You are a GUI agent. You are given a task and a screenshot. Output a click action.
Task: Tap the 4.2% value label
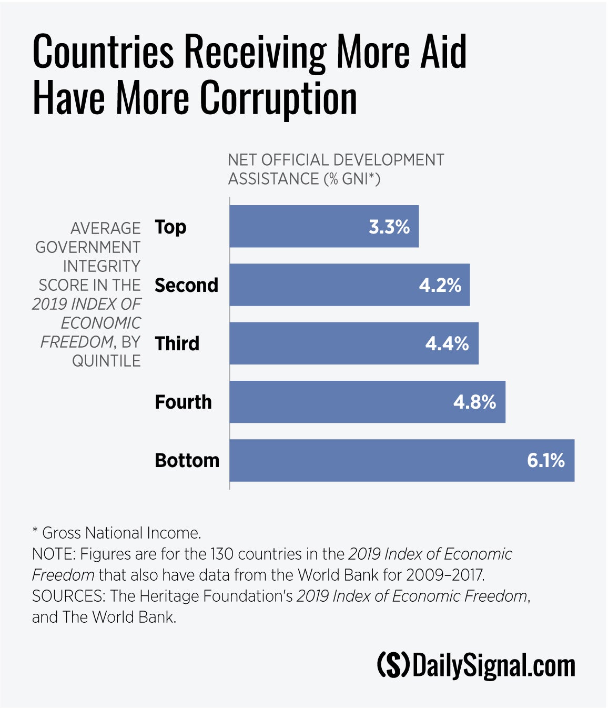click(x=440, y=285)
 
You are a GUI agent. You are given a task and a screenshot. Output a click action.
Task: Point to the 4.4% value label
click(x=447, y=343)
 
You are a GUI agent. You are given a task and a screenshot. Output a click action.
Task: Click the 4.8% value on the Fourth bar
click(x=474, y=402)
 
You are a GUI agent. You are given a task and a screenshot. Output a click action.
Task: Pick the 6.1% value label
click(x=546, y=461)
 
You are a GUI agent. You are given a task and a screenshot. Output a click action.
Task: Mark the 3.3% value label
click(x=389, y=227)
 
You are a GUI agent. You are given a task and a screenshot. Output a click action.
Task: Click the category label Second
click(x=186, y=285)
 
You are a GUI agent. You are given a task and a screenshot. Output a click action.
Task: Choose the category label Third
click(x=177, y=343)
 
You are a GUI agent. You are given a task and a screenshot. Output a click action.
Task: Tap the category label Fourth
click(x=183, y=402)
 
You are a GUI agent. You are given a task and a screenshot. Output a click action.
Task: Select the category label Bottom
click(x=187, y=461)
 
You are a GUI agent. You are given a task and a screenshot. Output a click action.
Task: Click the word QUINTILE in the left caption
click(x=106, y=361)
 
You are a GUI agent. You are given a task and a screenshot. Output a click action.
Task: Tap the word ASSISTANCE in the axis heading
click(x=273, y=179)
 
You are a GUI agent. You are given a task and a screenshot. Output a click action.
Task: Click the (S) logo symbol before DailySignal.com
click(x=393, y=665)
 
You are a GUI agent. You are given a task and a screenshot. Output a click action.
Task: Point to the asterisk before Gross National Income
click(x=35, y=531)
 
